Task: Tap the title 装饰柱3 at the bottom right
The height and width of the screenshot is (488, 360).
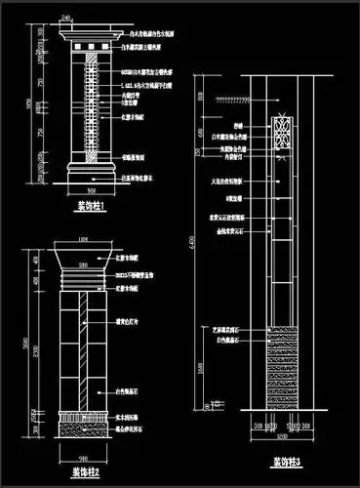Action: [286, 461]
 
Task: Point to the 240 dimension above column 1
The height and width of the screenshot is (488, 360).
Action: [66, 19]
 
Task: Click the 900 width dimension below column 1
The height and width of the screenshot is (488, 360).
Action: [92, 191]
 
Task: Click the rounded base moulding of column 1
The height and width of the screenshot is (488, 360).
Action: [92, 172]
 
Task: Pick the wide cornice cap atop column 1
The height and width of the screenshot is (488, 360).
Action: [91, 38]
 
